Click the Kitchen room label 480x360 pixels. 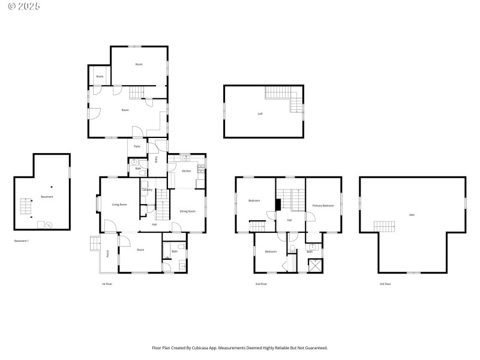186,172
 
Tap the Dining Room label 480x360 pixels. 188,211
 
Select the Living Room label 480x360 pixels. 119,205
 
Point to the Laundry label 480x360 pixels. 147,190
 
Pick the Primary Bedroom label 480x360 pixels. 323,206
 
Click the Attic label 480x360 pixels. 412,215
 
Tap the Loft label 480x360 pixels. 260,113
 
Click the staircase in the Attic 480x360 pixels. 385,226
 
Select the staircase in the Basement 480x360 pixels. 26,206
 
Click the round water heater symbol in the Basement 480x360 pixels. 49,226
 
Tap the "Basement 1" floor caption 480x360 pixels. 22,241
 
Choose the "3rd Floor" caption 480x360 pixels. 385,284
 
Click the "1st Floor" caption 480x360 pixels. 107,284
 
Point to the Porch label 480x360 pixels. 108,253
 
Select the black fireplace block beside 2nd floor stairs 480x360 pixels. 278,205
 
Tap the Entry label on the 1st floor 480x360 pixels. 157,160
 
